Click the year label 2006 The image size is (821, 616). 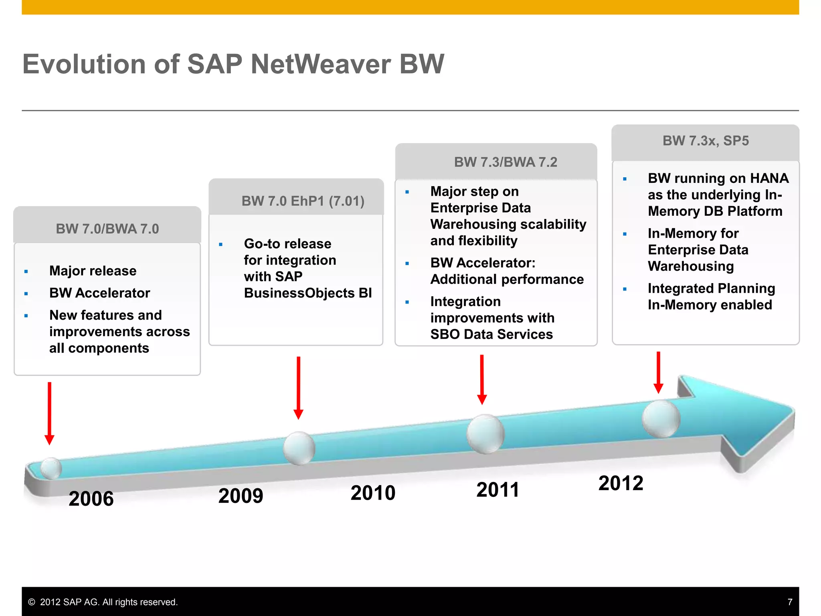(91, 498)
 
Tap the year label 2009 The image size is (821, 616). (241, 496)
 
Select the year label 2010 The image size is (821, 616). (373, 493)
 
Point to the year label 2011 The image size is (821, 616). (497, 490)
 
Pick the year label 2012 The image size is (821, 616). (621, 483)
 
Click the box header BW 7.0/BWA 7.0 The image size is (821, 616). (107, 229)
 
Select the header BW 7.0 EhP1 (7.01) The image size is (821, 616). (303, 201)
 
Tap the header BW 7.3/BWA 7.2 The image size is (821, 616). (506, 162)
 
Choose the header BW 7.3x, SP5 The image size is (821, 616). (706, 141)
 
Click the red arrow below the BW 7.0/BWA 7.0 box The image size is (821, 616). (49, 413)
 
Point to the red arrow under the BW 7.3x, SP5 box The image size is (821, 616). (658, 372)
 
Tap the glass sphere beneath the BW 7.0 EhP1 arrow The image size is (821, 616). (299, 448)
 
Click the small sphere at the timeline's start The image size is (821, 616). (51, 468)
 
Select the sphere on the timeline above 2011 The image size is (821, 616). (485, 434)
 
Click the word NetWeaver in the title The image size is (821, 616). (321, 64)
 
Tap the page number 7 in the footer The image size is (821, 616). (790, 602)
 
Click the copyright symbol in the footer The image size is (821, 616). (32, 602)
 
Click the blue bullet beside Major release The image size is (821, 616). (26, 272)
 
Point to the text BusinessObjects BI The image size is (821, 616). (307, 293)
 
